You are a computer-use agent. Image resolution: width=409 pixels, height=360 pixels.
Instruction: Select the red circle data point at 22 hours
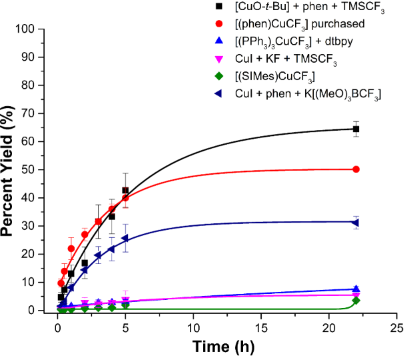356,169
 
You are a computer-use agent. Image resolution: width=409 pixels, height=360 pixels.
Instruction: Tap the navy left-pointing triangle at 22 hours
356,222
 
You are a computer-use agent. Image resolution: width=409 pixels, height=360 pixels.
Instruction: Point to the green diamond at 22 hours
356,301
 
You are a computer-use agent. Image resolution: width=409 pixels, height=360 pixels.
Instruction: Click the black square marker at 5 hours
125,191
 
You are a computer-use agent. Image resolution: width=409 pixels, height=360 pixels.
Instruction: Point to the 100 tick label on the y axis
41,29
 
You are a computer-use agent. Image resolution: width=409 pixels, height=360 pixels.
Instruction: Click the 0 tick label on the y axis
46,311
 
